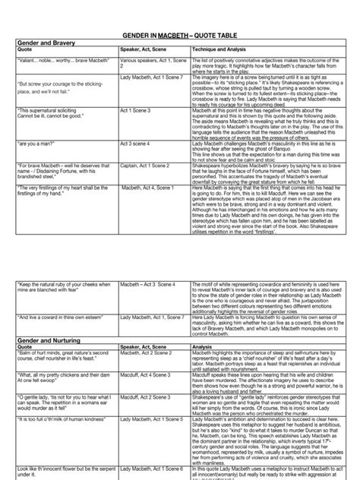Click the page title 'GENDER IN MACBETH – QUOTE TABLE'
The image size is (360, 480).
pyautogui.click(x=180, y=36)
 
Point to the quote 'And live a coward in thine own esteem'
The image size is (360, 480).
pyautogui.click(x=62, y=315)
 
